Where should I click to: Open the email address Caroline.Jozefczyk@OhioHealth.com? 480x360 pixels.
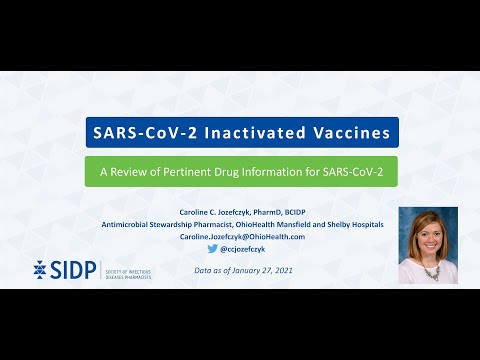click(x=241, y=237)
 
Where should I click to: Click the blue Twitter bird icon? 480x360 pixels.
click(x=213, y=249)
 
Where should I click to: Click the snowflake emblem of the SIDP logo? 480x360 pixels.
click(x=39, y=269)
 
